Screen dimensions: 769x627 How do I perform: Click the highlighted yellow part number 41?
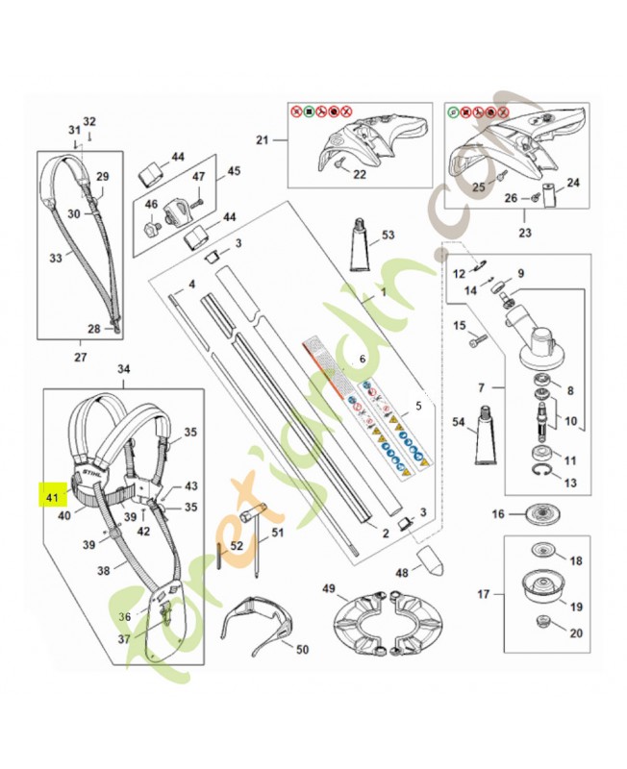pyautogui.click(x=51, y=498)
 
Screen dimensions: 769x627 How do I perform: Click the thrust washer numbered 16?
pyautogui.click(x=544, y=514)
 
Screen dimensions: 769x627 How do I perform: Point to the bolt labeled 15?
pyautogui.click(x=480, y=338)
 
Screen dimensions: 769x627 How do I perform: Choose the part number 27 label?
pyautogui.click(x=79, y=358)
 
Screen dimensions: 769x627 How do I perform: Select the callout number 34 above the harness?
pyautogui.click(x=123, y=369)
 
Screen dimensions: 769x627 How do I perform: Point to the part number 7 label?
pyautogui.click(x=481, y=388)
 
